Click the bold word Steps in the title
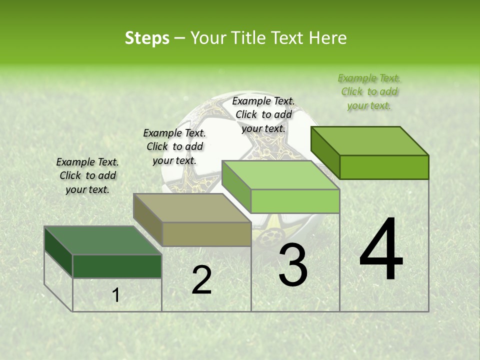(146, 38)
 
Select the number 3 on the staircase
(292, 265)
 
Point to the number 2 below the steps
(201, 280)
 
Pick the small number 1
(115, 295)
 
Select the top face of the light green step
(280, 175)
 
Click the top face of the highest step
(370, 141)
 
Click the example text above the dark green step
(87, 175)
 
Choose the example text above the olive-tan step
(174, 146)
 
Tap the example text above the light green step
(263, 114)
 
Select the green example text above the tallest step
(369, 91)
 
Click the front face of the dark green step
(117, 266)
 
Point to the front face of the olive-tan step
(206, 234)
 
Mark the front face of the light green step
(295, 201)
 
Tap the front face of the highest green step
(384, 167)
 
